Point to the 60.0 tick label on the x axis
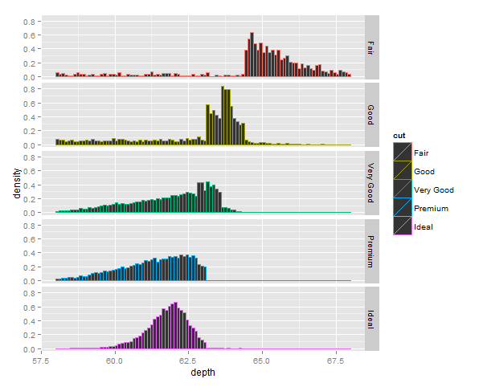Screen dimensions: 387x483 pos(115,361)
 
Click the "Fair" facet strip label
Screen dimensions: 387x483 pos(370,47)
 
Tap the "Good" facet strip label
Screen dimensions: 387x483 pos(370,114)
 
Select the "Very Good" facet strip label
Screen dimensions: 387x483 pos(370,182)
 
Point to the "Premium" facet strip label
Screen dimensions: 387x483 pos(370,251)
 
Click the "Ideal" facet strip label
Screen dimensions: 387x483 pos(370,319)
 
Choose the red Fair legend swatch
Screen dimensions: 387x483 pos(402,152)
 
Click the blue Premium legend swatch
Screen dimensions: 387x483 pos(402,207)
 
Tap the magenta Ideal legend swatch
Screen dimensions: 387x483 pos(402,226)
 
